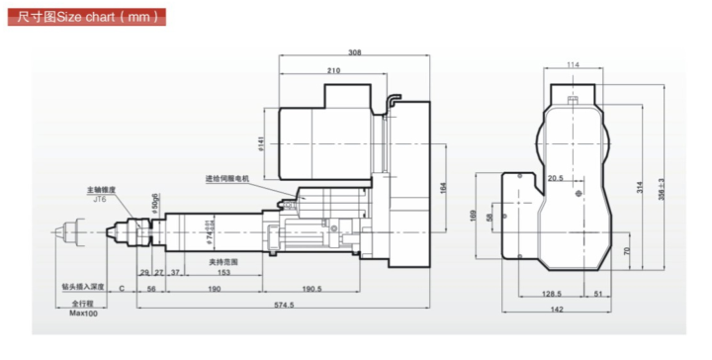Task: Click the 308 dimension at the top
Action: [355, 51]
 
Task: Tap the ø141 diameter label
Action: [260, 144]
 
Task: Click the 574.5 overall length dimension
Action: [286, 306]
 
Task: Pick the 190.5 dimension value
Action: [312, 289]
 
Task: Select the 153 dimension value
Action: [225, 271]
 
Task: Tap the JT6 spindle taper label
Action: [100, 198]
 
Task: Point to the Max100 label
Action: [81, 313]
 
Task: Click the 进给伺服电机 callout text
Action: [228, 179]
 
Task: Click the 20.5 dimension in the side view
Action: [554, 179]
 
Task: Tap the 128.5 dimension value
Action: [553, 294]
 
